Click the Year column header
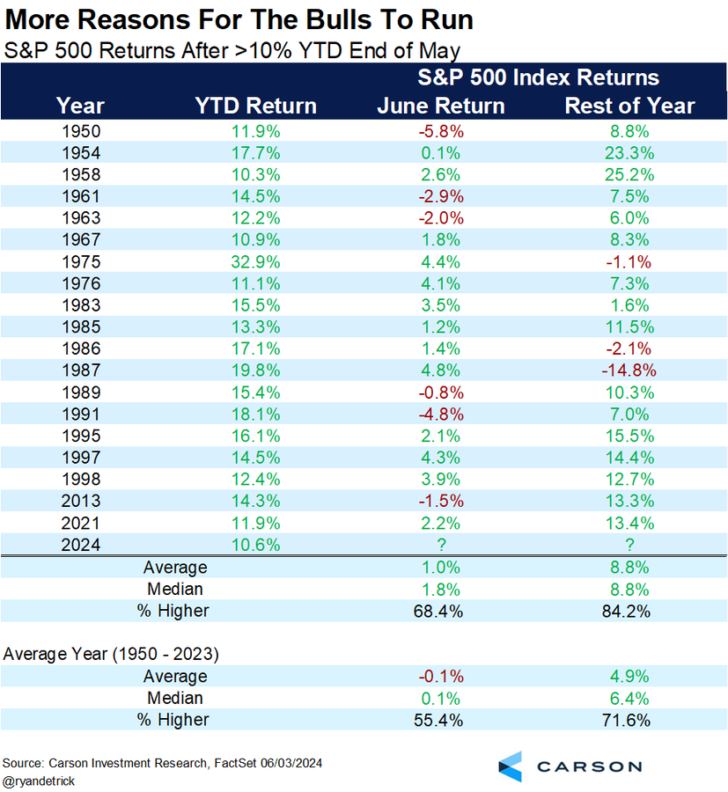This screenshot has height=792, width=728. [80, 106]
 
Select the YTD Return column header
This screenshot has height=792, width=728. [255, 106]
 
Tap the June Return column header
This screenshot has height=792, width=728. [441, 106]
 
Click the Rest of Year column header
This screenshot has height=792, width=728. [629, 106]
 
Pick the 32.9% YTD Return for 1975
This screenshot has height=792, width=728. [255, 261]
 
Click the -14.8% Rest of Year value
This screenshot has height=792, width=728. [629, 370]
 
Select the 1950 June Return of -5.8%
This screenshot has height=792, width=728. [441, 131]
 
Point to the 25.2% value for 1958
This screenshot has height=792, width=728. [629, 174]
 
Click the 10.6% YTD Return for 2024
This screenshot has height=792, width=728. [255, 545]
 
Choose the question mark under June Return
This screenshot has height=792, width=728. [441, 545]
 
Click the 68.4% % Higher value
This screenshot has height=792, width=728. [441, 611]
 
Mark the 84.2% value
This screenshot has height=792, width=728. [629, 611]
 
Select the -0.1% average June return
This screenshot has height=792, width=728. [441, 676]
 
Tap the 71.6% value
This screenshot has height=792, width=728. [629, 720]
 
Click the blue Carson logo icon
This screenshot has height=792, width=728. [511, 766]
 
